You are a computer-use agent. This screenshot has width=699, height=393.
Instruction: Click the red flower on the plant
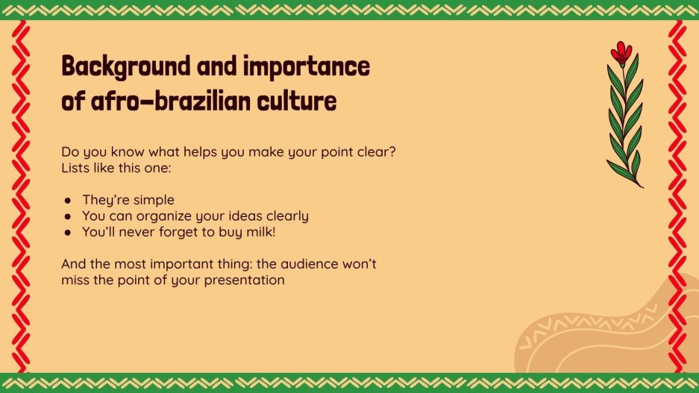[620, 52]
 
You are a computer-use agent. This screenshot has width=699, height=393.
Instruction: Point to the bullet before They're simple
[68, 201]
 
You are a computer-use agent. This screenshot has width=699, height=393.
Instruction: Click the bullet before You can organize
[68, 216]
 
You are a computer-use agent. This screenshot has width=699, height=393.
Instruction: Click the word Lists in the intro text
[75, 168]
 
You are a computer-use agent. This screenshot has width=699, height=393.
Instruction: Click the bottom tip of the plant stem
[642, 186]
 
